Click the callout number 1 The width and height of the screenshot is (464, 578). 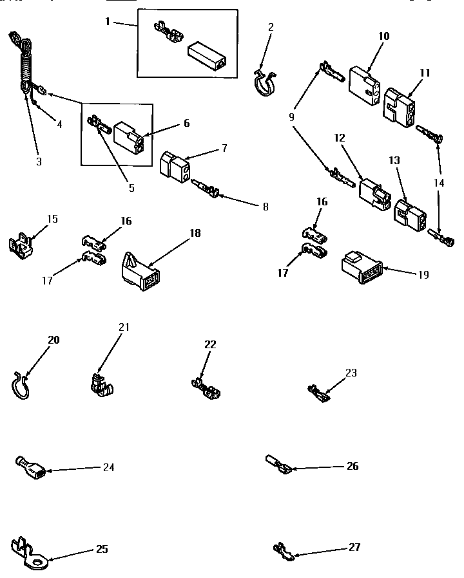tap(108, 21)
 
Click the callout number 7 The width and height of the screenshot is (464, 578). tap(224, 148)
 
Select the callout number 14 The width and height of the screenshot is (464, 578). tap(439, 183)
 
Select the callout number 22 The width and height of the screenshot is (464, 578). tap(210, 344)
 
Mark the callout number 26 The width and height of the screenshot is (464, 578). tap(352, 466)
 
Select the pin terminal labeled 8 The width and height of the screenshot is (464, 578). tap(207, 191)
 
